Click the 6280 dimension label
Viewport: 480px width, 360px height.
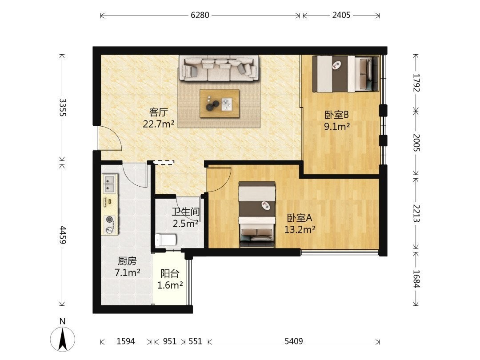(x=200, y=15)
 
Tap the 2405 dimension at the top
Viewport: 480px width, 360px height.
(x=341, y=15)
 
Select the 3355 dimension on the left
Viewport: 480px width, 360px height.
(x=62, y=107)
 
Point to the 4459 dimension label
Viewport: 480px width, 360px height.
(x=62, y=235)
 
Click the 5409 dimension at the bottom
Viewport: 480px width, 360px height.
(x=294, y=341)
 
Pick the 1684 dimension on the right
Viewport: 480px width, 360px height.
(x=416, y=279)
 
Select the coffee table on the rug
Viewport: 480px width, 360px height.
(x=220, y=104)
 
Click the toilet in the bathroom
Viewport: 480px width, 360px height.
(x=166, y=240)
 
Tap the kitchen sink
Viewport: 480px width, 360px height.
(x=110, y=184)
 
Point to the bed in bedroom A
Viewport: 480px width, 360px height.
(x=257, y=214)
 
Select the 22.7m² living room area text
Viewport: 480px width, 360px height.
(x=158, y=124)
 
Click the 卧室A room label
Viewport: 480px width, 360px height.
(x=300, y=218)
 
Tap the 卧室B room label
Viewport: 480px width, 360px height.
(x=337, y=115)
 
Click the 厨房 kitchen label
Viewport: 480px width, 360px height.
(x=127, y=261)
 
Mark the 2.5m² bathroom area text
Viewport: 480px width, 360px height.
(x=185, y=224)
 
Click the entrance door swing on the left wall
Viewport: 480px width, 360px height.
(x=109, y=138)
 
